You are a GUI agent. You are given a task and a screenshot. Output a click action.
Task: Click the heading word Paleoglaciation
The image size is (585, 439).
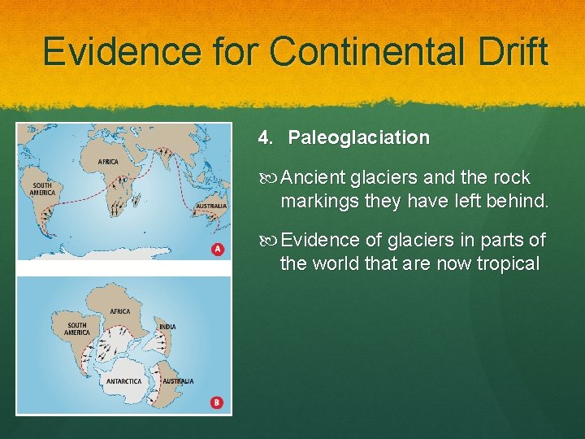(358, 138)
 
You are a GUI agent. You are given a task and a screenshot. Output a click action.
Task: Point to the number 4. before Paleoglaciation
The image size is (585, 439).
(266, 138)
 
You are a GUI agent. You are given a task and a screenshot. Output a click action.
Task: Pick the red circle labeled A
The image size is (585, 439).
(217, 249)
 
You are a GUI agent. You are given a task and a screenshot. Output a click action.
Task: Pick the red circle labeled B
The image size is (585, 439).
(217, 402)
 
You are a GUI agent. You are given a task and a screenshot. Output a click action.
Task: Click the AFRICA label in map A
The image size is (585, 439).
(107, 162)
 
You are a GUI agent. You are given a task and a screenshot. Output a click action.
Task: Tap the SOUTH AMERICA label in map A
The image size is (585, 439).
(42, 189)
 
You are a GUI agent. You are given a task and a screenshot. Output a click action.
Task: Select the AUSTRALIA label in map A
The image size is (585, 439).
(210, 206)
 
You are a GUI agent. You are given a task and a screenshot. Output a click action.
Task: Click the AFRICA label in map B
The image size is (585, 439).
(119, 311)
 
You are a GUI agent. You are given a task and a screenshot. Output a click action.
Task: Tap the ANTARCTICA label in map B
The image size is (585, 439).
(123, 380)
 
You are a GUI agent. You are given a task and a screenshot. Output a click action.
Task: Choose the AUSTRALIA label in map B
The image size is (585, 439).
(178, 380)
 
